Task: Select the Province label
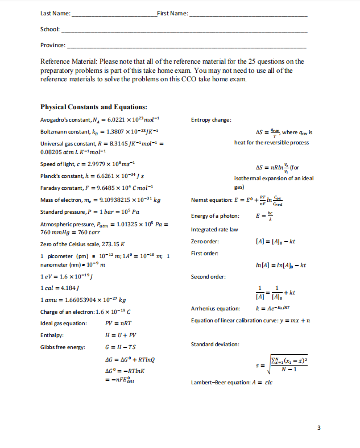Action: pyautogui.click(x=53, y=44)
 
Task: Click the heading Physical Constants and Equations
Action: pyautogui.click(x=94, y=107)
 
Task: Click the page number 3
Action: pyautogui.click(x=320, y=427)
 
